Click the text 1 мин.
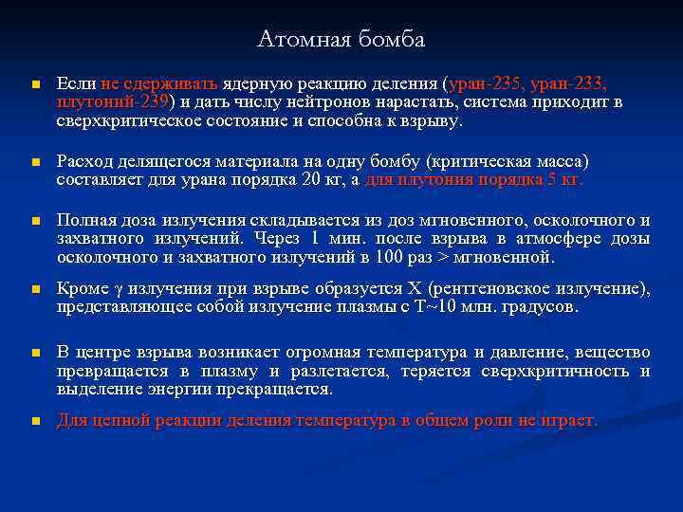[x=331, y=239]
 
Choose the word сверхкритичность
[x=561, y=372]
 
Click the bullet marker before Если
[x=33, y=85]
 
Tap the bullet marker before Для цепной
[x=33, y=421]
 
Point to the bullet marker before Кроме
[x=33, y=289]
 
